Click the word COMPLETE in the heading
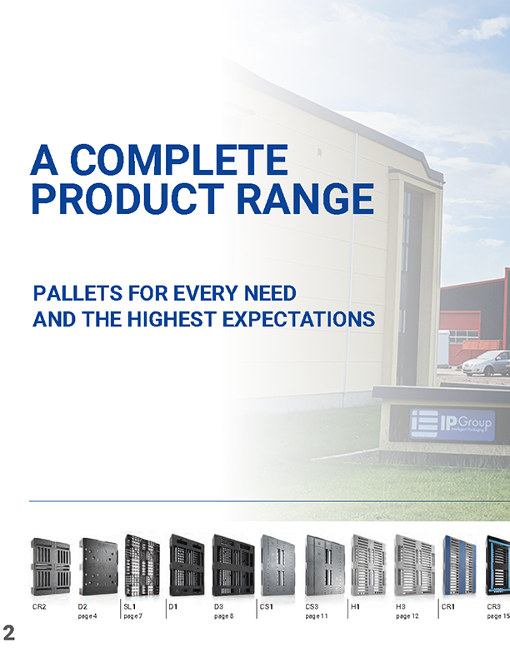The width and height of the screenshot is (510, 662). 179,160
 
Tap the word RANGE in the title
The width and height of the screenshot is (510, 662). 305,199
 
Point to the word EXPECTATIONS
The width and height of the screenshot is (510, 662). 298,319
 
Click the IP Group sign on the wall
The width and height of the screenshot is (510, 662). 452,425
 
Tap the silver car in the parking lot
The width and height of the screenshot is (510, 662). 486,363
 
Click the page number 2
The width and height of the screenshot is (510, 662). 8,633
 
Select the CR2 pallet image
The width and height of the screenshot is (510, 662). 50,566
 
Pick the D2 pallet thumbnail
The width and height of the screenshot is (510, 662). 98,566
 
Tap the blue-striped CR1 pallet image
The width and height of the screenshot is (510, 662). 459,565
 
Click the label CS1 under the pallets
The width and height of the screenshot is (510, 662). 266,607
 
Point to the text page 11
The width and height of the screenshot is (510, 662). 317,616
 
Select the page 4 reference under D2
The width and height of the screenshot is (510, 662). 87,616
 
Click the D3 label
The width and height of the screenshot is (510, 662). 218,607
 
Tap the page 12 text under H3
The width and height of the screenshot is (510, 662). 407,616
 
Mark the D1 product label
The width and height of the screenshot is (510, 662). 172,607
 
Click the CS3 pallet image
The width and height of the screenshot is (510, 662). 325,565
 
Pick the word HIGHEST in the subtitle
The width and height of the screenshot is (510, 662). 172,319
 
